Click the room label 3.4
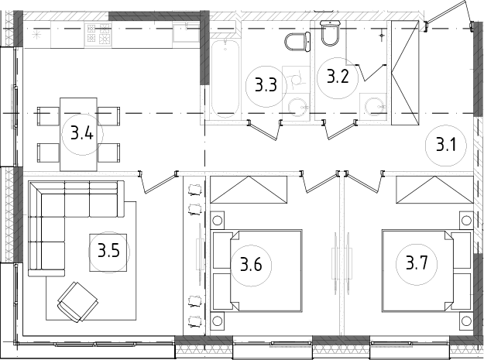click(82, 133)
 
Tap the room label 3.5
click(108, 250)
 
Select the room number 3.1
click(446, 144)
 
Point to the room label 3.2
click(338, 76)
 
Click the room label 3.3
click(266, 85)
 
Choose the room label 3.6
click(251, 264)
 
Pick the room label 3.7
click(417, 262)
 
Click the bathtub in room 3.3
click(225, 79)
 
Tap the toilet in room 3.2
click(331, 33)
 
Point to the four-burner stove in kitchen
click(99, 33)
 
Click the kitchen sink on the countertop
click(186, 33)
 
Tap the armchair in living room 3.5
click(77, 302)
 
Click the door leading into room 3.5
click(159, 183)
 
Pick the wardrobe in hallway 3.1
click(405, 73)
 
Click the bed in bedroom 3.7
click(426, 270)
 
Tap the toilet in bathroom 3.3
click(297, 42)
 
